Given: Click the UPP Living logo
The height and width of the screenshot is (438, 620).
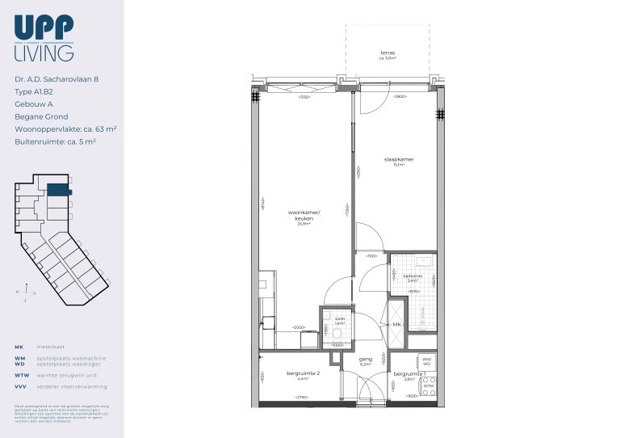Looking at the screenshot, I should click(x=44, y=40).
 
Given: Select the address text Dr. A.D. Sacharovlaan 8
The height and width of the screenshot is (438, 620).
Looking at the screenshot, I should click(x=57, y=79).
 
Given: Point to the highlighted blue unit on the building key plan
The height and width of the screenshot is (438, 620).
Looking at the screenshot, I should click(x=57, y=190).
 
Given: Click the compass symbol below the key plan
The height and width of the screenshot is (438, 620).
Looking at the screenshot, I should click(x=27, y=292).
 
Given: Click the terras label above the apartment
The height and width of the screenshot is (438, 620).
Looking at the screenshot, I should click(x=387, y=53).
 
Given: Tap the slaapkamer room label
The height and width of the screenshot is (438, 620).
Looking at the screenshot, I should click(x=399, y=160).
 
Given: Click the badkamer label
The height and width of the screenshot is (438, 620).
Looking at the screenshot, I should click(x=413, y=276).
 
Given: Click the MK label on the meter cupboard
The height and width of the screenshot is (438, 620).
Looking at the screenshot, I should click(x=396, y=324).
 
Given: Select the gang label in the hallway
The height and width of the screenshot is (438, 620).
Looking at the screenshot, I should click(x=365, y=360).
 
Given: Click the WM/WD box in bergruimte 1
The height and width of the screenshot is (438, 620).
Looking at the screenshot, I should click(x=427, y=361).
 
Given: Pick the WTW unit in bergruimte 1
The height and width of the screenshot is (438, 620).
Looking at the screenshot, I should click(x=429, y=386).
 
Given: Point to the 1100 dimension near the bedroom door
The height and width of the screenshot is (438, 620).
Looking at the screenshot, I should click(x=371, y=256).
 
